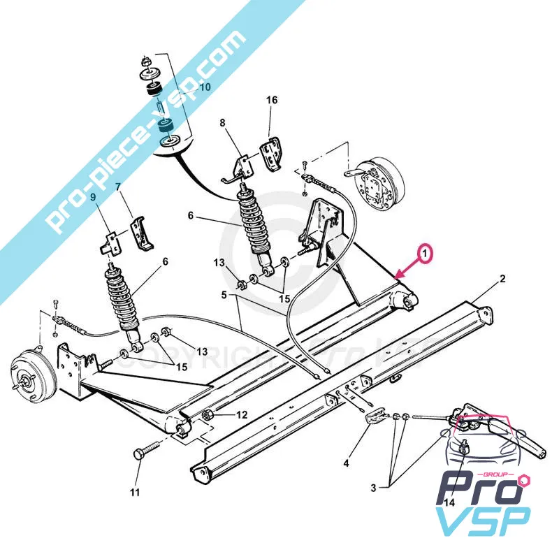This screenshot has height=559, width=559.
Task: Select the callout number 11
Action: [135, 492]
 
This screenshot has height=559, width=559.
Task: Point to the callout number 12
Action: [241, 415]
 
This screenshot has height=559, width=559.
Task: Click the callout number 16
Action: [271, 101]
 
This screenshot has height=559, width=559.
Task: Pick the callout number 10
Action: [205, 88]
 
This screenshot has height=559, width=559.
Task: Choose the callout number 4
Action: [346, 462]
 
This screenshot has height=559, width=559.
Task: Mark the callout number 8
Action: [223, 123]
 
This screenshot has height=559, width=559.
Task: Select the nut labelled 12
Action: [208, 417]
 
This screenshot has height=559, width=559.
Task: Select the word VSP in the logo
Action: [482, 518]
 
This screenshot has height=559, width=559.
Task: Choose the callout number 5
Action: [224, 295]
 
